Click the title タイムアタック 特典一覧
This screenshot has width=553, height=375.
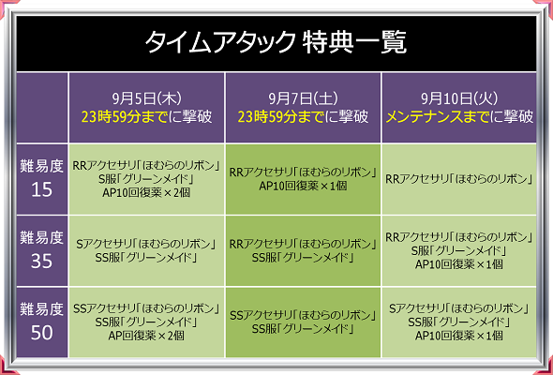276,42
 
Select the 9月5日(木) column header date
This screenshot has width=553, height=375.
147,98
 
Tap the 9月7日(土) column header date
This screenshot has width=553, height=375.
303,98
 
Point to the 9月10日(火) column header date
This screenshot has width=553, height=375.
459,98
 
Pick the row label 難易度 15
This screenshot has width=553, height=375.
41,178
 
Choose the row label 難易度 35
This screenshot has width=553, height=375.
41,249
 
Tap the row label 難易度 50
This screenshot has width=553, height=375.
41,321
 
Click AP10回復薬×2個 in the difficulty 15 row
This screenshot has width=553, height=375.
147,192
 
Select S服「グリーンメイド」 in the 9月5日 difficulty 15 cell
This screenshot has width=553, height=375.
147,179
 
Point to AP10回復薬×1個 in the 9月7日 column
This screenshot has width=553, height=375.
303,186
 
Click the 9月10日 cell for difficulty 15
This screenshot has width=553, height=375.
459,179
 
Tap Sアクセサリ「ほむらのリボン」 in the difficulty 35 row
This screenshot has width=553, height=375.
147,244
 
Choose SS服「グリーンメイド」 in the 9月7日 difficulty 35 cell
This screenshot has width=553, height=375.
303,258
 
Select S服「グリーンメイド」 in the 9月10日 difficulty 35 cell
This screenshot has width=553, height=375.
459,251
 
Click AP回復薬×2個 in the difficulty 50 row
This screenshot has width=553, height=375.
147,336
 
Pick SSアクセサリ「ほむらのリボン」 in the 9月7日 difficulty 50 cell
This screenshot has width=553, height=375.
303,315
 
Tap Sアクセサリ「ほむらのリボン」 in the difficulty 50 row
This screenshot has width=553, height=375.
459,308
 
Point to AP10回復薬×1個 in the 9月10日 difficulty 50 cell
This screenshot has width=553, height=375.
459,336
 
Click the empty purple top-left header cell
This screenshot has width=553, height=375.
42,108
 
